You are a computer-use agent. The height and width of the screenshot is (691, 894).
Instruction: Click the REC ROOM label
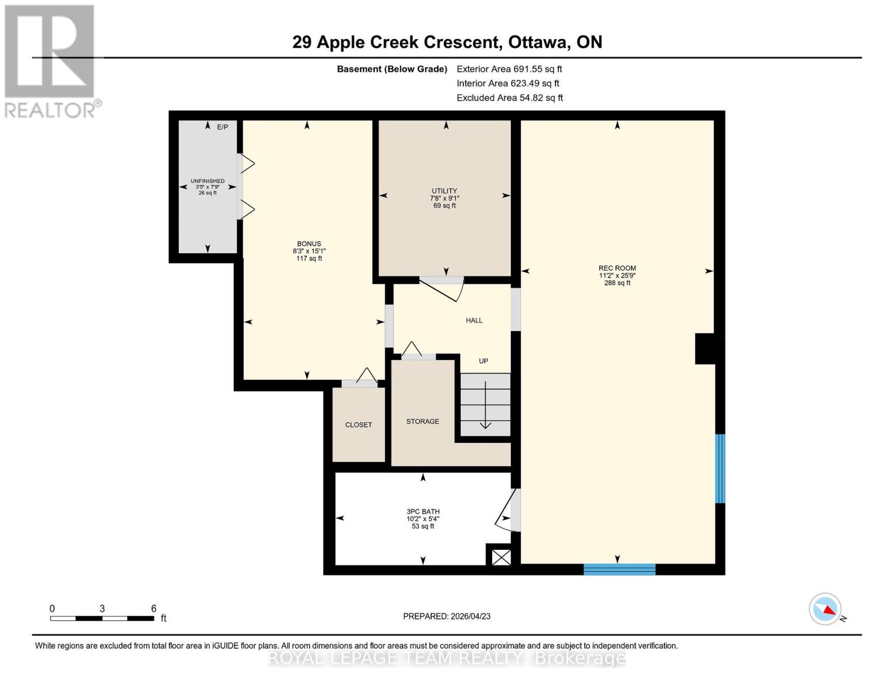coord(617,268)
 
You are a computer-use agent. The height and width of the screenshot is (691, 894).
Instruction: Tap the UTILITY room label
coord(444,191)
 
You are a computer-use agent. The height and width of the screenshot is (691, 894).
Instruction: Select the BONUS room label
coord(309,244)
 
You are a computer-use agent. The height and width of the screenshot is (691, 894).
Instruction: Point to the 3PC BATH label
coord(423,511)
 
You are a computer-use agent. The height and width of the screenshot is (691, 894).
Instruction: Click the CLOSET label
coord(359,425)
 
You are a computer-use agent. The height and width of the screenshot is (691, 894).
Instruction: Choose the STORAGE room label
coord(423,422)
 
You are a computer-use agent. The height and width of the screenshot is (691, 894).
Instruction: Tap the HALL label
coord(474,321)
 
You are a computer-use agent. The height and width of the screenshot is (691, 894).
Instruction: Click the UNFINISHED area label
coord(208,181)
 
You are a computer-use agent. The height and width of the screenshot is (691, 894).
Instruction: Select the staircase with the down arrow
coord(485,404)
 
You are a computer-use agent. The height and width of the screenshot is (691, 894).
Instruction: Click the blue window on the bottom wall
coord(619,569)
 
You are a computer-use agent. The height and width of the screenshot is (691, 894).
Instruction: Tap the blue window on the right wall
coord(720,469)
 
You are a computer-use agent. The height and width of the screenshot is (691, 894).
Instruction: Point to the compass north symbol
coord(825,609)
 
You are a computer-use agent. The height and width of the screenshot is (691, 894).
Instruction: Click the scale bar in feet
coord(102,618)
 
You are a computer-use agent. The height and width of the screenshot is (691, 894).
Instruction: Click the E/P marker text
coord(223,127)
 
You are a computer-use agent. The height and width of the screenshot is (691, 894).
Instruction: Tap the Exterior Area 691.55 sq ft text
coord(509,69)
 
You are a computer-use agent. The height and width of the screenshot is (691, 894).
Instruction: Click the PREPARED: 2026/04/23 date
coord(447,616)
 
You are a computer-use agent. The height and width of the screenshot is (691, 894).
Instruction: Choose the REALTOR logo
coord(50,60)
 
